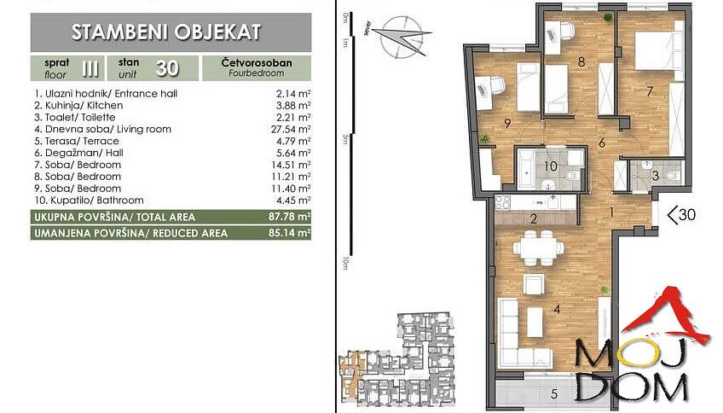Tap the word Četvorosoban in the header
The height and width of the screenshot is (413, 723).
pos(256,62)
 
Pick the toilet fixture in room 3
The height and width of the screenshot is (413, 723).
pos(673,177)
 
